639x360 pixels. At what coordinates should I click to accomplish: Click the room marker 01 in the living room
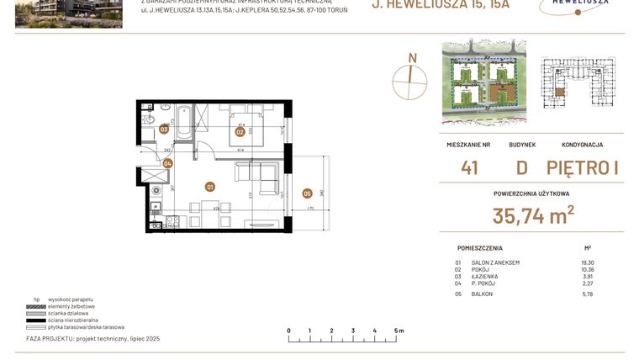210,187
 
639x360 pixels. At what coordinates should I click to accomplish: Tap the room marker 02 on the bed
240,132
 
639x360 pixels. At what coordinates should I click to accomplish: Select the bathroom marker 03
164,129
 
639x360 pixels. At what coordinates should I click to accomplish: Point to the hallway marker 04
167,164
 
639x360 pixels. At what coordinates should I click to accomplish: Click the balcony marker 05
307,193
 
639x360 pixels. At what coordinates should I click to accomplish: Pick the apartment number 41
469,168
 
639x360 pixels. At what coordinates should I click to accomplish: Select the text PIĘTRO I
583,168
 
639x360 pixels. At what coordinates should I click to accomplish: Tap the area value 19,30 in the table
587,262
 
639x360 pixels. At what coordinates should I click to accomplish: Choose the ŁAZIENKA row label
486,276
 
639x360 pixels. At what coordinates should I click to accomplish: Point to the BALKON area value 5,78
587,294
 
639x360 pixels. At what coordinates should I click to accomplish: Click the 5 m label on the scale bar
399,331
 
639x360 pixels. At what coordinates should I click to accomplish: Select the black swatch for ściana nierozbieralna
36,320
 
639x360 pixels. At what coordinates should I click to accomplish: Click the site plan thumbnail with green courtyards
483,82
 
